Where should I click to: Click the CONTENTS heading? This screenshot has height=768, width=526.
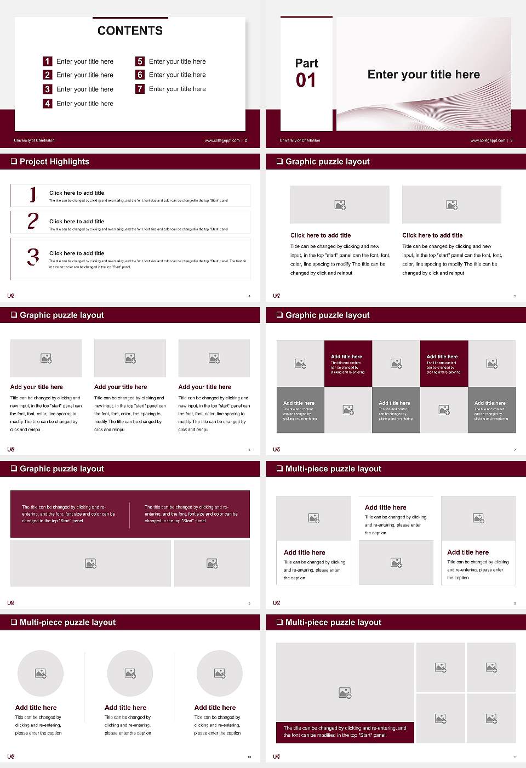130,31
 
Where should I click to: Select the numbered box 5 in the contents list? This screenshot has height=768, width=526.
140,61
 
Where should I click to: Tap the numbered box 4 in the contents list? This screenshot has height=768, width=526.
48,103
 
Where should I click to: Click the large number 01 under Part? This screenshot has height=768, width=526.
306,81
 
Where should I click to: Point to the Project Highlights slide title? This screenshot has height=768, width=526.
54,161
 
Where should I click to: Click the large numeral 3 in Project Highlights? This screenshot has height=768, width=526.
33,256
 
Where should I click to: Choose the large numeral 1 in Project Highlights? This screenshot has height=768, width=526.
33,194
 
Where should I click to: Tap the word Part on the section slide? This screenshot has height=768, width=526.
306,63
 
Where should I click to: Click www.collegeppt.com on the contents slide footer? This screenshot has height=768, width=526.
222,140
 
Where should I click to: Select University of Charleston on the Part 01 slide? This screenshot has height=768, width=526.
300,140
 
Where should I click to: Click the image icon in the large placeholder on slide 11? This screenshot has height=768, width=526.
345,693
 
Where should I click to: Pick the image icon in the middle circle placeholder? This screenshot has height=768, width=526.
130,673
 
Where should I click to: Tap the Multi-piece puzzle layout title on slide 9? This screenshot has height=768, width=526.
333,468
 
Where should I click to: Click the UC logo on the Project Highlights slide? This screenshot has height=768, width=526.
11,296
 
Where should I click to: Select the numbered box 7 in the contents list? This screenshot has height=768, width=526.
140,89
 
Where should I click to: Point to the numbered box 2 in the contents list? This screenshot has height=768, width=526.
48,75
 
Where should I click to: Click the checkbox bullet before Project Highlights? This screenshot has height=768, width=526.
14,161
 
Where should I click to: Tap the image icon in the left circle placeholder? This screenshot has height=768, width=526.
41,673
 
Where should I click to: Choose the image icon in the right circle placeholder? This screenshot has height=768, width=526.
220,673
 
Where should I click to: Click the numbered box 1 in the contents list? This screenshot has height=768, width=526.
48,61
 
